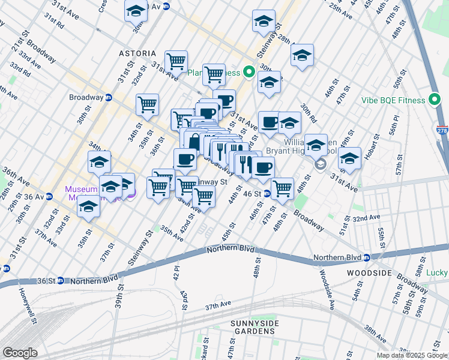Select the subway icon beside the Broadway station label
tap(109, 97)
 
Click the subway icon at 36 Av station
tap(48, 196)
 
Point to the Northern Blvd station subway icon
tap(366, 258)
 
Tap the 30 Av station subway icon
tap(166, 6)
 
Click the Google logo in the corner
tap(20, 353)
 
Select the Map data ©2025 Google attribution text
tap(412, 355)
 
